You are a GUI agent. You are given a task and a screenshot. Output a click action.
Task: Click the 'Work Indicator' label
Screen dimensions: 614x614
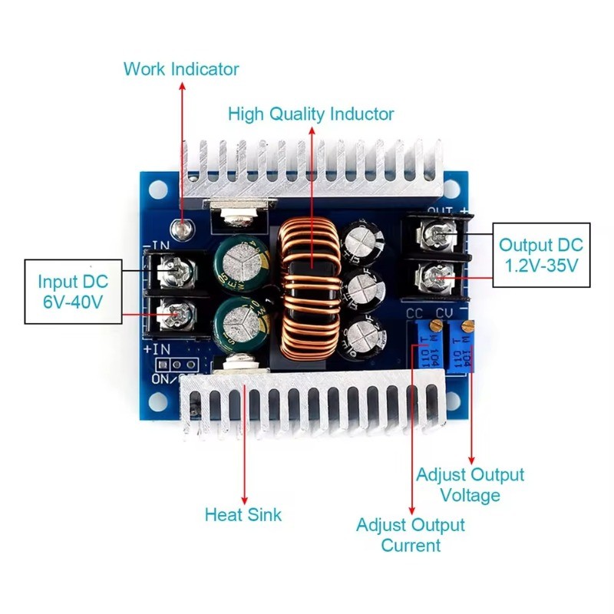[x=181, y=69]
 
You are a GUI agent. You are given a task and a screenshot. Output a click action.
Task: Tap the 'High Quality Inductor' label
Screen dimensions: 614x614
[x=311, y=114]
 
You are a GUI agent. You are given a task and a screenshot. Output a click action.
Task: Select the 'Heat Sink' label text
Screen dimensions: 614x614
[x=243, y=514]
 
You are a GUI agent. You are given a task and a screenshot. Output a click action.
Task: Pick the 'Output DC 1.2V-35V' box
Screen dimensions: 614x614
[x=541, y=256]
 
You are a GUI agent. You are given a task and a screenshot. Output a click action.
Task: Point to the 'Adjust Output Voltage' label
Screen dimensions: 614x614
[x=470, y=485]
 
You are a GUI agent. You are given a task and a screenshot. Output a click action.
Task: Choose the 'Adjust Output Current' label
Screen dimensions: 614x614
[x=411, y=535]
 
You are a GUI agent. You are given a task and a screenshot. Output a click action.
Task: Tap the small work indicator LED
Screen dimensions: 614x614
[x=182, y=228]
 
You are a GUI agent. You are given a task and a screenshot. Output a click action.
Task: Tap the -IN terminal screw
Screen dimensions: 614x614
[x=172, y=269]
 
